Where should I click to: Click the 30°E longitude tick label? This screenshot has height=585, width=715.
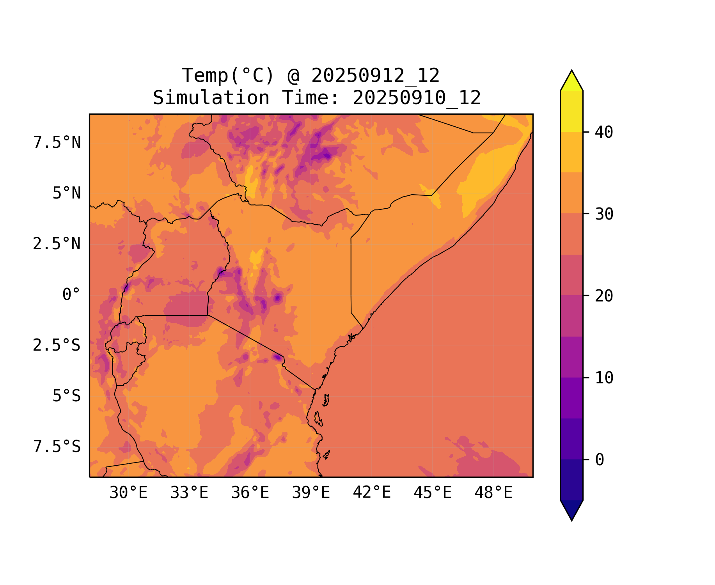point(128,493)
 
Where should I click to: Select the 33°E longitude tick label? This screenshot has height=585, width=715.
point(189,493)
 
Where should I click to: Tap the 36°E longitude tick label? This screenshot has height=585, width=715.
point(250,493)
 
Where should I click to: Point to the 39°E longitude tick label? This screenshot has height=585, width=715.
point(311,493)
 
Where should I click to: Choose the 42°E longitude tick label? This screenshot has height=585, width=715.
point(372,493)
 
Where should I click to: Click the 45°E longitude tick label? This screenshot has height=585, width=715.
point(433,493)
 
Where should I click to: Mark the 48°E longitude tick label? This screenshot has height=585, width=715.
point(493,493)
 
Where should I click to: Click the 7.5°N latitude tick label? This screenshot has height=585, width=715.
point(57,143)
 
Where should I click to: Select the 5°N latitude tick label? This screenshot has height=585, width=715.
point(66,193)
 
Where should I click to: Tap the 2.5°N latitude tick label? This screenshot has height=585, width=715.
point(57,244)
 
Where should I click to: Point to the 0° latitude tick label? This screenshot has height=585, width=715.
point(71,295)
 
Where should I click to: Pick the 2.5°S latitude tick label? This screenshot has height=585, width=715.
point(57,346)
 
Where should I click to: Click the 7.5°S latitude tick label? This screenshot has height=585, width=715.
point(57,447)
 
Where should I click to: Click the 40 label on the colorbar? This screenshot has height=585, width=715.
point(604,132)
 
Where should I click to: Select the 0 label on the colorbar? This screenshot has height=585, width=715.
point(600,460)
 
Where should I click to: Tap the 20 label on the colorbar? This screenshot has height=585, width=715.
point(604,296)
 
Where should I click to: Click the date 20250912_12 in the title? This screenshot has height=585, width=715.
point(375,76)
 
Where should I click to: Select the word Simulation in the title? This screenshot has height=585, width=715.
point(211,98)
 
